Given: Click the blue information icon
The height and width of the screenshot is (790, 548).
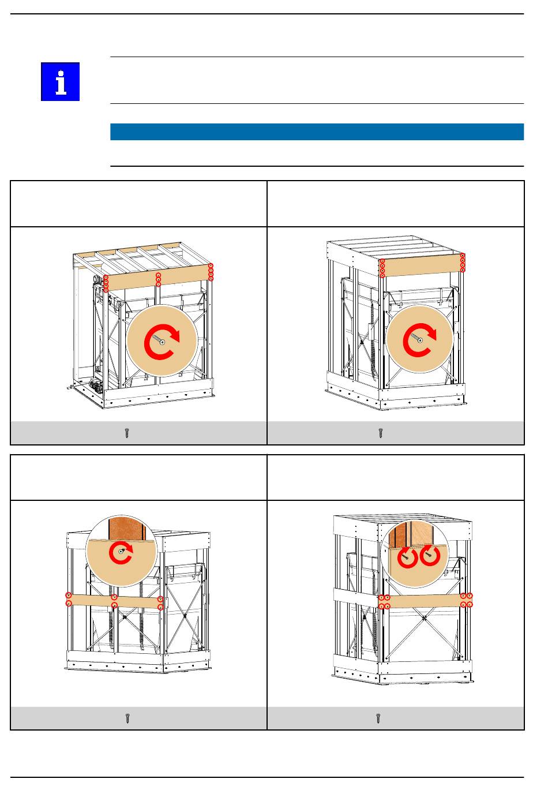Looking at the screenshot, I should click(x=60, y=81).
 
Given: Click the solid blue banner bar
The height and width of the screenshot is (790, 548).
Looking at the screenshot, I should click(x=317, y=132).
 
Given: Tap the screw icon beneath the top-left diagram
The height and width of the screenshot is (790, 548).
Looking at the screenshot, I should click(x=127, y=433).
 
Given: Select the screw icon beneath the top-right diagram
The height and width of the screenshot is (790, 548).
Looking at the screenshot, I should click(x=381, y=433).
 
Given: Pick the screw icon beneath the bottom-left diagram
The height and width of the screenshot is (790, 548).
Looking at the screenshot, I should click(x=127, y=718).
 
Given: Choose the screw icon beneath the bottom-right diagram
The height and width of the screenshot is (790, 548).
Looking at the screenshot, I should click(x=378, y=718).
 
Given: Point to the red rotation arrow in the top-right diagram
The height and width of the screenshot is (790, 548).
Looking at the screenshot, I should click(x=419, y=340).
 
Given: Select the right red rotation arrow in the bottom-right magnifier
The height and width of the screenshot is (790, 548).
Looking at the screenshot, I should click(x=430, y=556).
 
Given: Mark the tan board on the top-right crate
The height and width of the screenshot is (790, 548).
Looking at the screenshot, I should click(x=422, y=265).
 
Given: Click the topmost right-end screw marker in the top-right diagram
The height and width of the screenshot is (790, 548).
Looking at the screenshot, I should click(x=463, y=256).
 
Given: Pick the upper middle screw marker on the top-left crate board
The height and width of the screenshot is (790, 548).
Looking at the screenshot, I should click(x=159, y=275).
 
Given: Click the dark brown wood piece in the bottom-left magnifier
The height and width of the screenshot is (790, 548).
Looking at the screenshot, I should click(x=125, y=528).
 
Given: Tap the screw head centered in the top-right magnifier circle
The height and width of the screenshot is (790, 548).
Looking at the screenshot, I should click(x=421, y=340).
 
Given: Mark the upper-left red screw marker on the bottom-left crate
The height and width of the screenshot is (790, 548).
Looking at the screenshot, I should click(x=69, y=595).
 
